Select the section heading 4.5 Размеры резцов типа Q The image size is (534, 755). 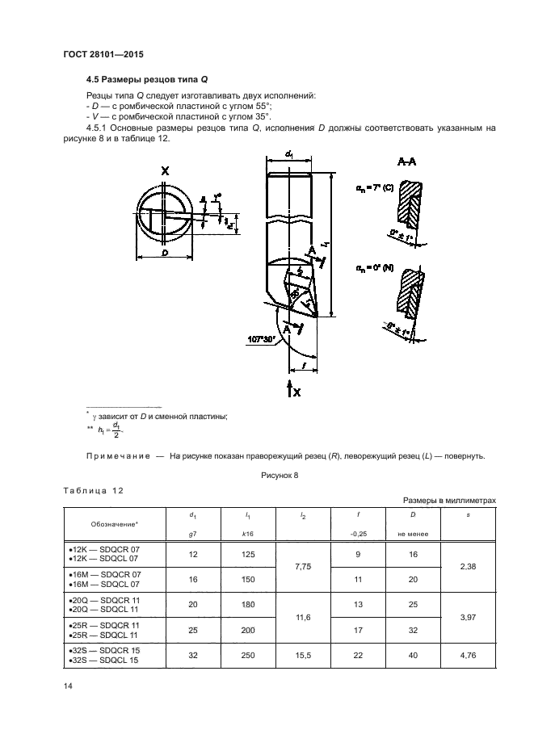[147, 80]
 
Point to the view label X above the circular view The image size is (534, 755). [165, 171]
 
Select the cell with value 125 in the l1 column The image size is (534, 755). [246, 554]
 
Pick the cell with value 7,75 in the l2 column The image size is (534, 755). [304, 568]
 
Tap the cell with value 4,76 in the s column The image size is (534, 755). [467, 656]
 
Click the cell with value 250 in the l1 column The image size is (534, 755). [246, 656]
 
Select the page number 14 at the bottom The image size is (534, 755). [68, 686]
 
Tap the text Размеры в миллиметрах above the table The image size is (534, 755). [444, 501]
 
